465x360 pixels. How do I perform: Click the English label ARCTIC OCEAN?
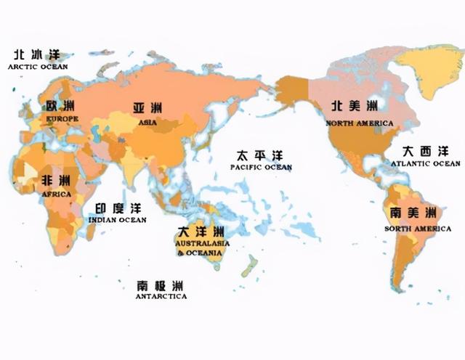38,67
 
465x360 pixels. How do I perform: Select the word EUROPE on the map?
62,118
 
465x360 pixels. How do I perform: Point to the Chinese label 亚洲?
147,108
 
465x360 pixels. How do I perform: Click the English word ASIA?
147,122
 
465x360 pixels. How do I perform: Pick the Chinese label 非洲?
55,181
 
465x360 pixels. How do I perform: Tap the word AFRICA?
55,195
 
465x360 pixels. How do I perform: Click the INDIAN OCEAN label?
117,219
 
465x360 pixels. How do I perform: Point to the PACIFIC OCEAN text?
261,168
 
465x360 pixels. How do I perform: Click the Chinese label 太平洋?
259,155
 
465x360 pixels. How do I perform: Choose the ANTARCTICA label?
161,296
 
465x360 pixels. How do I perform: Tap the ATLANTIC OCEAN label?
425,164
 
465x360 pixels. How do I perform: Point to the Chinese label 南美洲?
413,213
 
